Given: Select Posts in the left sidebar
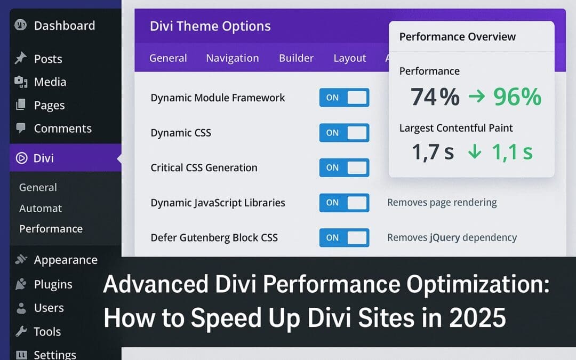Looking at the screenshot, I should coord(48,59).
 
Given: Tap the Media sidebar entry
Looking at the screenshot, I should coord(50,82).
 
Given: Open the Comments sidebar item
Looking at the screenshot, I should coord(62,129).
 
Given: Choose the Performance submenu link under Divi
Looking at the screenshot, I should coord(51,229).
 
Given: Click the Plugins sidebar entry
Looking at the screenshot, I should coord(53,284).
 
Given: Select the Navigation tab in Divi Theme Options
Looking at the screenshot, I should coord(233,58).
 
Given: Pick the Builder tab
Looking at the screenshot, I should coord(296,58).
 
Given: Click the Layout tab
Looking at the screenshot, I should coord(350,58).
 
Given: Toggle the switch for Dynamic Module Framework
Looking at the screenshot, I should coord(344,98).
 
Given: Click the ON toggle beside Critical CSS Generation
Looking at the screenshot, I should coord(344,167).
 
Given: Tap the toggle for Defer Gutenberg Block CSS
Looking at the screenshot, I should coord(344,238).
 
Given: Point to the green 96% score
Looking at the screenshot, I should coord(517,97).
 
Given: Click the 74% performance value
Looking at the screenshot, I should coord(435,97).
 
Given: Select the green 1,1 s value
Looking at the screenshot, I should coord(511,153).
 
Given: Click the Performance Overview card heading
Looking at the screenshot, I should coord(457,37).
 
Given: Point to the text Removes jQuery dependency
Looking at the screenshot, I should coord(452,238).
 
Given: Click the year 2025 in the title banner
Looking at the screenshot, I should coord(477,318).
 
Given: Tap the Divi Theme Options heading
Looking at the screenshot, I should coord(210,26).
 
